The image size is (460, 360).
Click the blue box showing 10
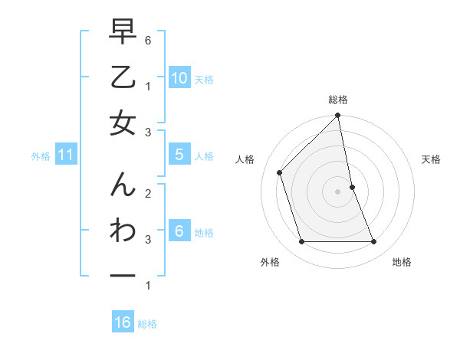[x=179, y=78]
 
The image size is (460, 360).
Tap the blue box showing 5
[x=179, y=155]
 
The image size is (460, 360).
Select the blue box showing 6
[x=179, y=231]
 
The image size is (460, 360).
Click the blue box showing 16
[x=123, y=322]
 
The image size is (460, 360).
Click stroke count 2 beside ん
[x=148, y=194]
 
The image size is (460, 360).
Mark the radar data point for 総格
[x=337, y=116]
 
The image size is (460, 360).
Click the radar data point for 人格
[x=280, y=172]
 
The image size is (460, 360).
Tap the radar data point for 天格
[x=352, y=186]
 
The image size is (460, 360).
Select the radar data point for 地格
[x=373, y=241]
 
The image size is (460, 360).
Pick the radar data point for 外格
[x=301, y=241]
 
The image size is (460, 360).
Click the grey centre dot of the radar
[x=337, y=191]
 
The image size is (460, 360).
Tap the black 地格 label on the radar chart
[x=402, y=262]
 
